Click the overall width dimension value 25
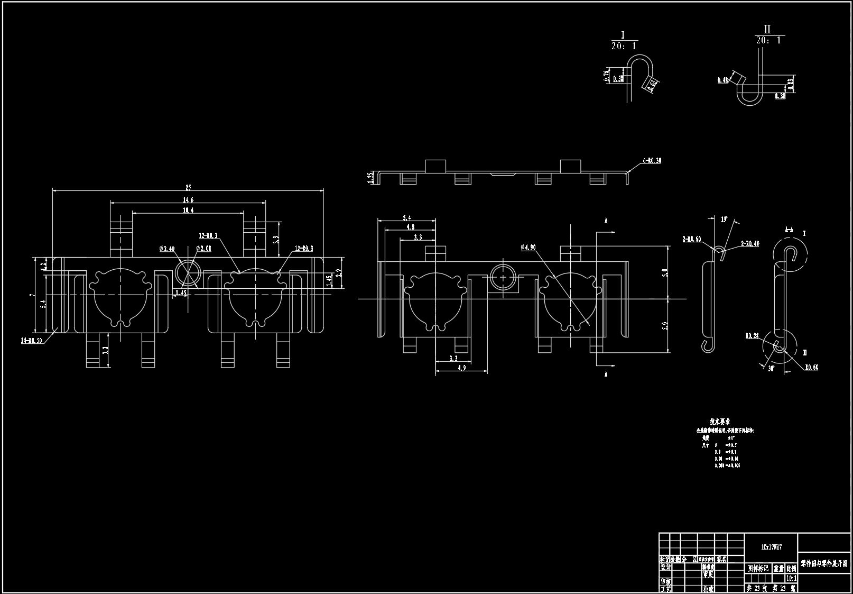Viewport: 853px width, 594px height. tap(188, 187)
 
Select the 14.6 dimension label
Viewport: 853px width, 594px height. tap(188, 200)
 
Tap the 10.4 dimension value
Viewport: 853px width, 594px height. tap(188, 210)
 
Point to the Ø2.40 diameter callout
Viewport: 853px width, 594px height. tap(167, 248)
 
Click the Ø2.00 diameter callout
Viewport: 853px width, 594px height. tap(203, 248)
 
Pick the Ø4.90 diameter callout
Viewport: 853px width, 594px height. tap(528, 247)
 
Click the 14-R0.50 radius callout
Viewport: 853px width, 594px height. tap(32, 340)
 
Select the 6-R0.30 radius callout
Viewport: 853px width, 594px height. tap(652, 160)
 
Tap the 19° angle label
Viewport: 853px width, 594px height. tap(724, 219)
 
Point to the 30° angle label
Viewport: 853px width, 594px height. tap(771, 369)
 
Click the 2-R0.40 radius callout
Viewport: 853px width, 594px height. tap(750, 243)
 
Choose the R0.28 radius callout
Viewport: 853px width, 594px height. tap(752, 335)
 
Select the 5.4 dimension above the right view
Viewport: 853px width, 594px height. tap(407, 217)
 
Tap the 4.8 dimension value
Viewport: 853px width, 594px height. tap(410, 227)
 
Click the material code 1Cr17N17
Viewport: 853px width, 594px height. tap(771, 548)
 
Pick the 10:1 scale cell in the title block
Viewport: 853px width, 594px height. tap(791, 578)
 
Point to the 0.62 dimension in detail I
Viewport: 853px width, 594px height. tap(652, 85)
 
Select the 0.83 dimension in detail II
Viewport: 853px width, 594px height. tap(790, 84)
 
